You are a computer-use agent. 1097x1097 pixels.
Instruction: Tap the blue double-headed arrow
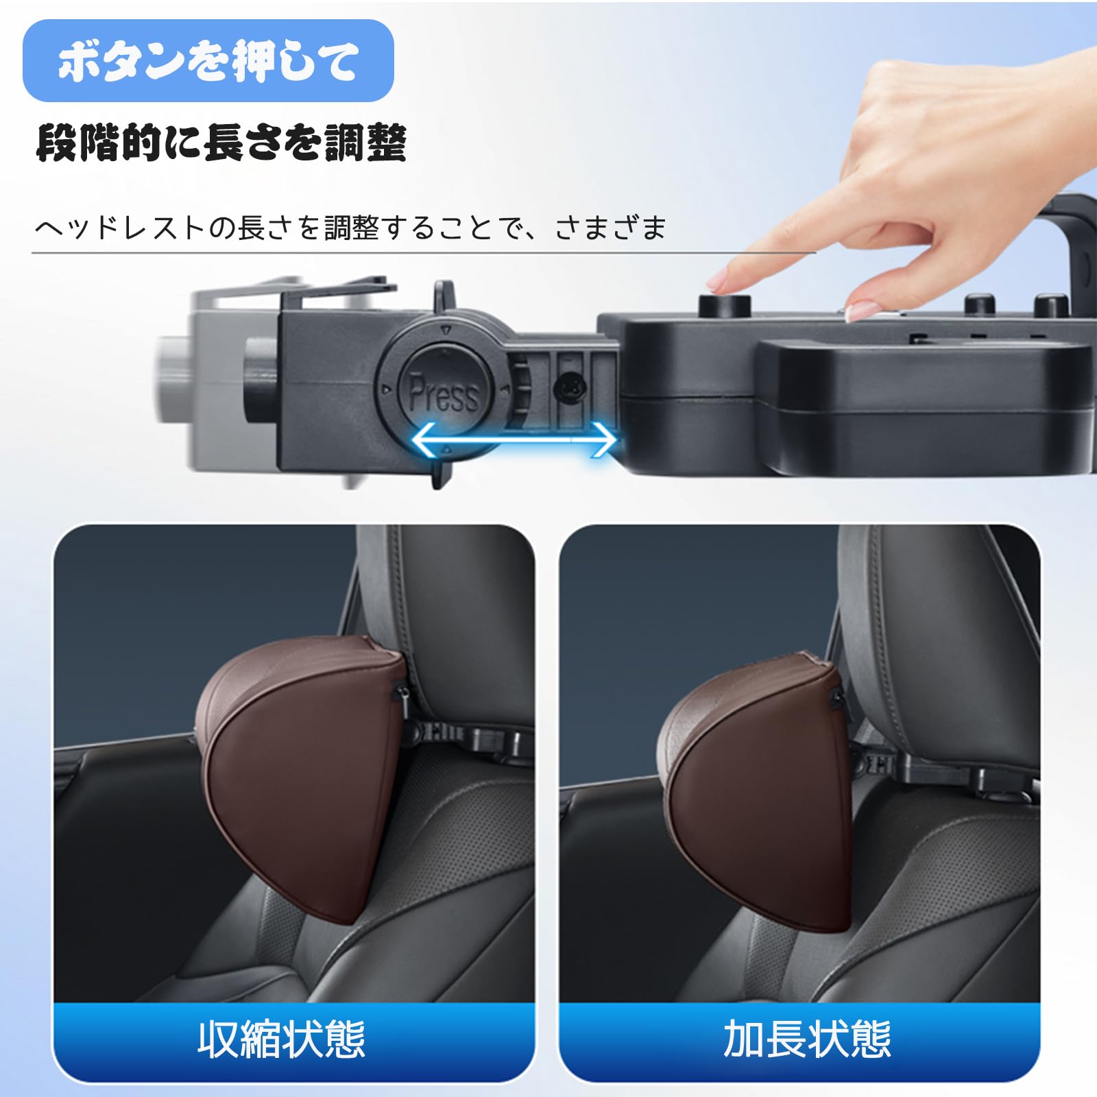[514, 439]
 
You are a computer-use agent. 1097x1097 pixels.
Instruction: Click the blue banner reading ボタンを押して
[208, 61]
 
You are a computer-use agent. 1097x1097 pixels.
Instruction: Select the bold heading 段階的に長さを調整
[221, 143]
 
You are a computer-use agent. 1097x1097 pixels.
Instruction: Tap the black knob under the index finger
[725, 304]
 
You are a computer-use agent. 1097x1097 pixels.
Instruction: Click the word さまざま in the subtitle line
[610, 228]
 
